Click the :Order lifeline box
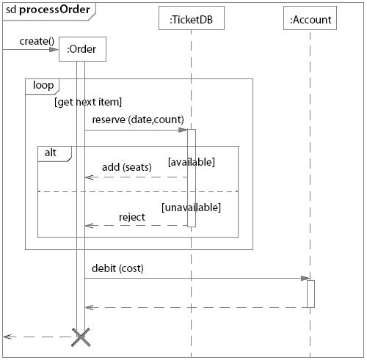[82, 50]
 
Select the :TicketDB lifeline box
[191, 20]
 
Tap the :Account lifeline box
[310, 20]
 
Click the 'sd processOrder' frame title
[48, 9]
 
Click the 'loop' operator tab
[43, 85]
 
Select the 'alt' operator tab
[51, 152]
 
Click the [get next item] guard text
[88, 102]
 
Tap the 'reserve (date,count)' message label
[138, 120]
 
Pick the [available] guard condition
[192, 161]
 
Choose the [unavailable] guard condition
[192, 207]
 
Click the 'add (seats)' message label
[126, 167]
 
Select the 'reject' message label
[132, 216]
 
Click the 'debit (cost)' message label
[117, 268]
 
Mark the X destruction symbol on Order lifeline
[81, 337]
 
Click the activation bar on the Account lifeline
[310, 293]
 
